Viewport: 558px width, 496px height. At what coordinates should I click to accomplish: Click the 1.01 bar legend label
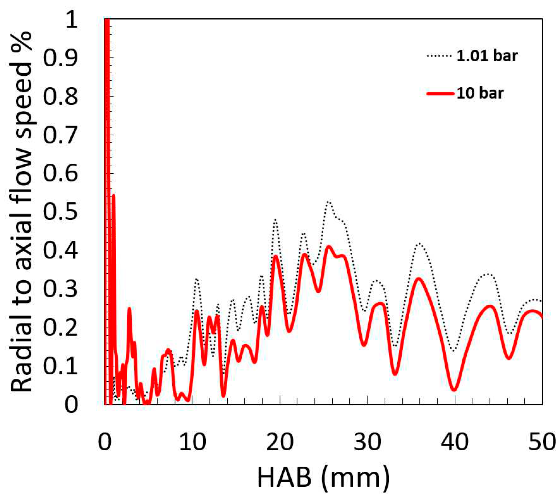(x=487, y=56)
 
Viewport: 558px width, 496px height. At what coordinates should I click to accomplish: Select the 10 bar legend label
(x=480, y=93)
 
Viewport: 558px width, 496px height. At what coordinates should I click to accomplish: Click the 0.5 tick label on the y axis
(x=60, y=212)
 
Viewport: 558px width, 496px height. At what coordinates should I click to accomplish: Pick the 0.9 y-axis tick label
(x=60, y=57)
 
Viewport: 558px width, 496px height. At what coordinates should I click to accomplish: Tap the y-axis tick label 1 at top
(x=71, y=19)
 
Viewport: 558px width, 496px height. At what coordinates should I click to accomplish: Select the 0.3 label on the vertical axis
(x=60, y=289)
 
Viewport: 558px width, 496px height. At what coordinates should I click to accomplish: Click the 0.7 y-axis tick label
(x=60, y=135)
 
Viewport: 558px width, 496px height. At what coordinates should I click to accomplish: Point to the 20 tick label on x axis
(x=280, y=442)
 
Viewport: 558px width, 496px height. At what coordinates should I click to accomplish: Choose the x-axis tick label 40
(x=454, y=442)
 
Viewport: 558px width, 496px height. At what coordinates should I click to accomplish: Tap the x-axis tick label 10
(x=192, y=442)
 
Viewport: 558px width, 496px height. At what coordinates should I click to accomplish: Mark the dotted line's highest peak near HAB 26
(x=328, y=202)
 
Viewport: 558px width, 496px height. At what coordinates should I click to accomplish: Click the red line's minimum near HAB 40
(x=454, y=390)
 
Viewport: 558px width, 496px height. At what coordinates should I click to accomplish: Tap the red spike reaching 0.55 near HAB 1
(x=114, y=195)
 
